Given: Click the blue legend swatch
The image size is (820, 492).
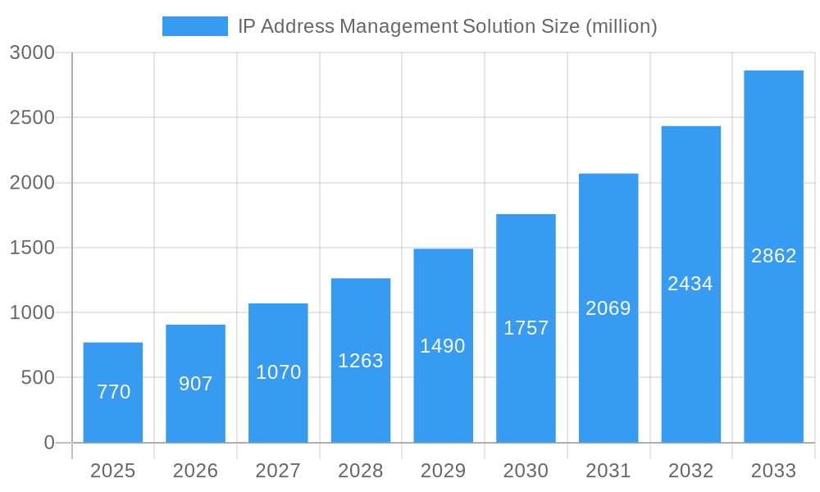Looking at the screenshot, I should coord(194,26).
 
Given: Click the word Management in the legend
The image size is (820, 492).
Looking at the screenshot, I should coord(398,26).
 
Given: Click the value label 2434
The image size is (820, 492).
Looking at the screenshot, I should coord(690,284).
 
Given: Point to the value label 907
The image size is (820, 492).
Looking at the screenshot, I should coord(196,384).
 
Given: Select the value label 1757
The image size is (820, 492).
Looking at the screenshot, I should coord(526,328).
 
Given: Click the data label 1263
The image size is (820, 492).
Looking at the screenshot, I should coord(361,361).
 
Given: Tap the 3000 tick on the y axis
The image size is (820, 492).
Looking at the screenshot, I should coord(32,53).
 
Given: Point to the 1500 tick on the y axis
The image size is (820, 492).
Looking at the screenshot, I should coord(32,248).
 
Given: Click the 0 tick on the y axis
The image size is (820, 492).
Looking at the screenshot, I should coord(48,443).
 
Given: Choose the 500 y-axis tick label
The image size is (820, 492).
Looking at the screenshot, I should coord(38,378).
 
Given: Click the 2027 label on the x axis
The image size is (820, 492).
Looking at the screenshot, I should coord(278,471).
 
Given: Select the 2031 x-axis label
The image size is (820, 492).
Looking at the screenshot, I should coord(608,471).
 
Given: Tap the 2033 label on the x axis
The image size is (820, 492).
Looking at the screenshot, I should coord(773,471).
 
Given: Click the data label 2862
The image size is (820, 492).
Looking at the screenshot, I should coord(773,256).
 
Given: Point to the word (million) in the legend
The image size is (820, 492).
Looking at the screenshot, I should coord(622,26).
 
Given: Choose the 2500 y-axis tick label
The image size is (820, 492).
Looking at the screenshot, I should coord(32,118).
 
